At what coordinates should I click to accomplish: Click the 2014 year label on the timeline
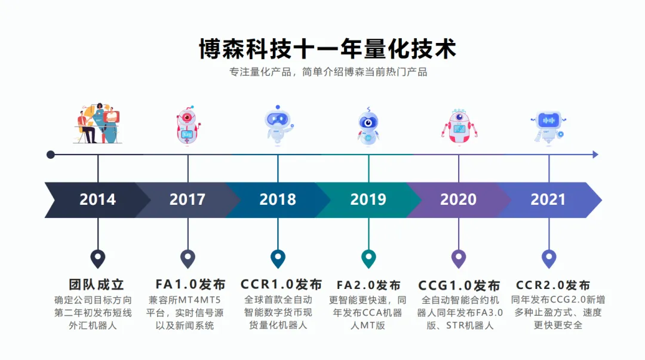pos(98,199)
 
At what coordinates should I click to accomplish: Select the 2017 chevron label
pos(188,199)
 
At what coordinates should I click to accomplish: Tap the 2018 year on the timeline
pos(278,199)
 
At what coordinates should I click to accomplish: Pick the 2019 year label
pos(368,199)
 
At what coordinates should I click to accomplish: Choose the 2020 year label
pos(458,199)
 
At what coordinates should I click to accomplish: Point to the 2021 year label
pos(548,199)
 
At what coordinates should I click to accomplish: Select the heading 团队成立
pos(97,285)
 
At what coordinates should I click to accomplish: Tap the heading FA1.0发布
pos(191,285)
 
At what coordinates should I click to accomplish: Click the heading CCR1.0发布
pos(281,285)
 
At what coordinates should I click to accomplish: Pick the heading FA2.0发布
pos(368,285)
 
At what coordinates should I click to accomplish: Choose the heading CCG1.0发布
pos(459,285)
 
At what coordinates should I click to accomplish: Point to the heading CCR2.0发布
pos(553,285)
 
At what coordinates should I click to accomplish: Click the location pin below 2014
pos(98,259)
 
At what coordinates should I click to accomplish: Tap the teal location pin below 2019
pos(368,259)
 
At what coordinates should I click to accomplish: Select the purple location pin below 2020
pos(459,259)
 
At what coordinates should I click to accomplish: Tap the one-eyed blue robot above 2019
pos(368,126)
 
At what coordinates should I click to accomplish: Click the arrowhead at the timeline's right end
pos(595,155)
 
